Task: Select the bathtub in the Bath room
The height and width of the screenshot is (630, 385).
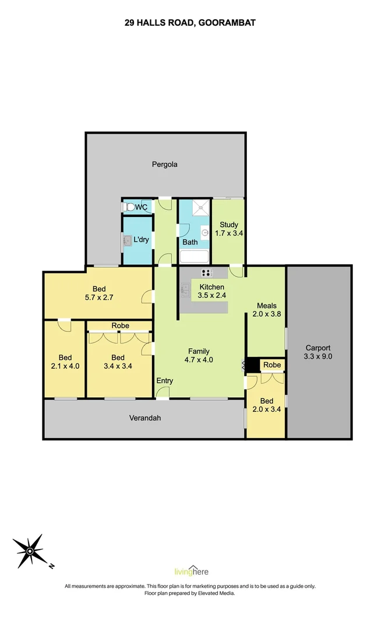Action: [194, 257]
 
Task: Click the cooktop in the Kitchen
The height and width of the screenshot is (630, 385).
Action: [207, 273]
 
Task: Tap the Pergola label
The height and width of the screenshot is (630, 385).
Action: [165, 164]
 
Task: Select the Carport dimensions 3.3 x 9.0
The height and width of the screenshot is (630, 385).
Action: [319, 356]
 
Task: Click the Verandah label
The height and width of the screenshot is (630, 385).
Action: [144, 418]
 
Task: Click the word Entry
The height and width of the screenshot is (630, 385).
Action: [165, 381]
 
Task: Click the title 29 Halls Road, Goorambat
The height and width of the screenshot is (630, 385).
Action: [190, 23]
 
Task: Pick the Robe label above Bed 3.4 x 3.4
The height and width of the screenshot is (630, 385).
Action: [120, 325]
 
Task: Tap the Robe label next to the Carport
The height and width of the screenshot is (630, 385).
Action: [272, 365]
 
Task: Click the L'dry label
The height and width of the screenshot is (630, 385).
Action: [142, 240]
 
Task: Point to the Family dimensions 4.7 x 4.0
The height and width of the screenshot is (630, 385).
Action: [199, 360]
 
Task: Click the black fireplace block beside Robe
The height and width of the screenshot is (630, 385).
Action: [252, 365]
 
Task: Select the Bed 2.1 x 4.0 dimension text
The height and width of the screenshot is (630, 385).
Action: [65, 366]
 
